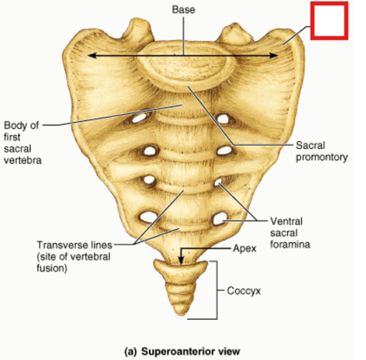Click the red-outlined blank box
click(329, 21)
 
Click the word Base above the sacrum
click(184, 10)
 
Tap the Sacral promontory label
click(322, 152)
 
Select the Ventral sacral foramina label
click(290, 232)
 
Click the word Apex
click(244, 248)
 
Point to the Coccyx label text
click(244, 291)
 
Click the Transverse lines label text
click(74, 256)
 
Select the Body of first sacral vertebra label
click(23, 143)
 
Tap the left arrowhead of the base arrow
click(91, 55)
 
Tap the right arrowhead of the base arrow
click(274, 55)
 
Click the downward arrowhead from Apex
click(181, 260)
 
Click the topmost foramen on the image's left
click(139, 118)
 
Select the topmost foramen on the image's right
click(223, 119)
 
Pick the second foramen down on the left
click(150, 151)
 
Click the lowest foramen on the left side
click(148, 217)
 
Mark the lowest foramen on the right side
click(220, 218)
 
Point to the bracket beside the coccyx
click(217, 290)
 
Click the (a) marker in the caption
click(130, 352)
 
